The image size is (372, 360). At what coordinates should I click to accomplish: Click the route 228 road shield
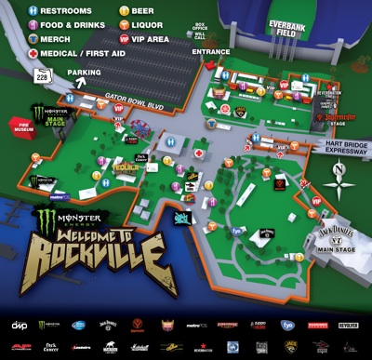click(x=41, y=76)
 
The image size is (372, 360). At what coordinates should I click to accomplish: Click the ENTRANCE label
click(x=213, y=52)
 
